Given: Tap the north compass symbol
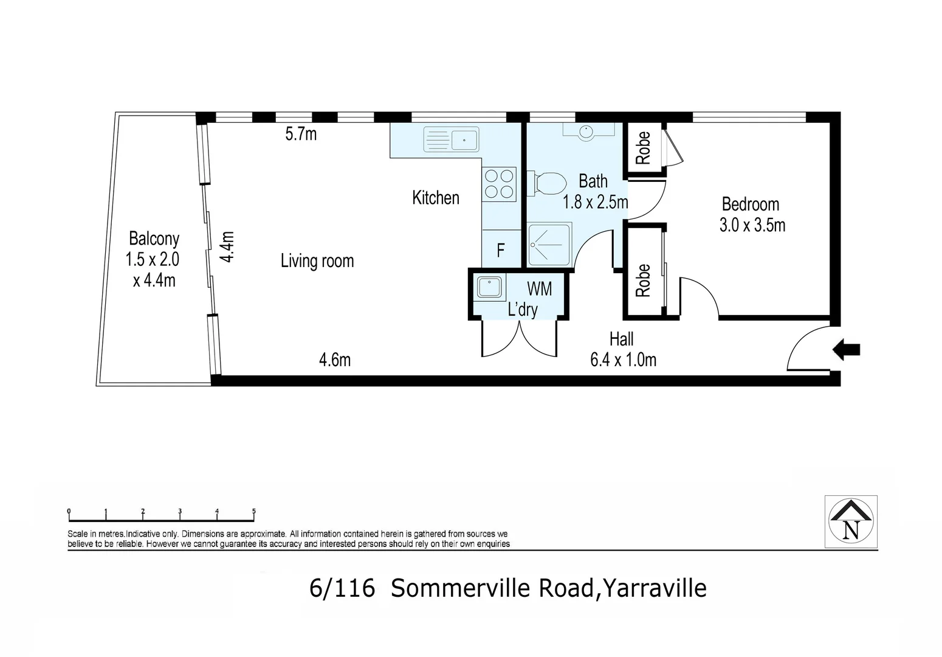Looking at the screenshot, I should point(851,522).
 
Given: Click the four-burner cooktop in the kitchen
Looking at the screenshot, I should point(500,184).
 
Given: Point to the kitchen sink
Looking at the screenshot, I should point(452,139).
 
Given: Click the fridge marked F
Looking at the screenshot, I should point(501,250).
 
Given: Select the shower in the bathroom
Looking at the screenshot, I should point(549,245).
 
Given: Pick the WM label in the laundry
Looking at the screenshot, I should point(539,288).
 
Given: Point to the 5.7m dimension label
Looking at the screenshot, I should point(301,134).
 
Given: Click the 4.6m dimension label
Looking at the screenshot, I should point(335,360).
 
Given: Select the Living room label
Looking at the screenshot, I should point(317,261).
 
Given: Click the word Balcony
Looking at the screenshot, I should point(154,238).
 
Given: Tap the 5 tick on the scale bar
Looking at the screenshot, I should point(254,512).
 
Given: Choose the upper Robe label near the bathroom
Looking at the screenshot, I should point(643,148).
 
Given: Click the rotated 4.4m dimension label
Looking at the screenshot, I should point(227,246).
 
